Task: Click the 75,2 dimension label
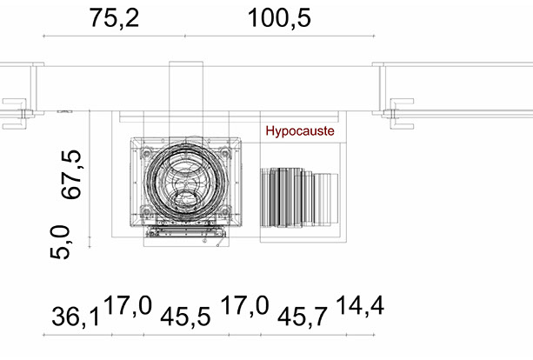(114, 18)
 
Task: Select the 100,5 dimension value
(279, 18)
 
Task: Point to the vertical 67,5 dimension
(71, 174)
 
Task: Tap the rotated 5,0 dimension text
(60, 242)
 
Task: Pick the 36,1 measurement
(76, 317)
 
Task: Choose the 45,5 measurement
(185, 317)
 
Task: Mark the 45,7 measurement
(303, 317)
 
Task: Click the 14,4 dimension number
(360, 305)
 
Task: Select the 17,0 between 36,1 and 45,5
(128, 305)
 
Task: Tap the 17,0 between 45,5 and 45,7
(244, 305)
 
